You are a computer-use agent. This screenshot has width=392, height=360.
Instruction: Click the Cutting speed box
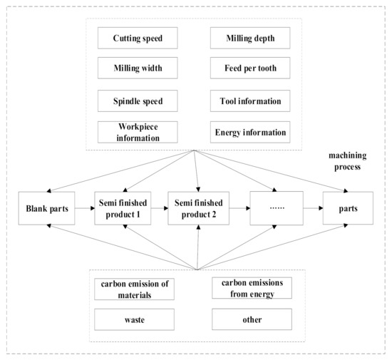[x=135, y=38]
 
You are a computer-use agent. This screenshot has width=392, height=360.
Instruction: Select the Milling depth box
[x=251, y=38]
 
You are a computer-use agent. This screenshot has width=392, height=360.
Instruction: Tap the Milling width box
[x=135, y=69]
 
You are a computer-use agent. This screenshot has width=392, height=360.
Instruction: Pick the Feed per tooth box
[x=251, y=69]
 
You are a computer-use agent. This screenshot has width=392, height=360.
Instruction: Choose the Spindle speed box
[x=135, y=101]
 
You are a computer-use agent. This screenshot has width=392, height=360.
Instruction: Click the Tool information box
[x=251, y=101]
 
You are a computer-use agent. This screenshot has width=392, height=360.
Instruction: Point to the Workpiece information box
[x=135, y=132]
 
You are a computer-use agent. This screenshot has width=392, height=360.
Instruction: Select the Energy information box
[x=251, y=132]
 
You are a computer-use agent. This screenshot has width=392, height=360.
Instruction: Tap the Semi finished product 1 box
[x=123, y=208]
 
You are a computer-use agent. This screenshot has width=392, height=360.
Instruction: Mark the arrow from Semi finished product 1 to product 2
[x=159, y=208]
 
